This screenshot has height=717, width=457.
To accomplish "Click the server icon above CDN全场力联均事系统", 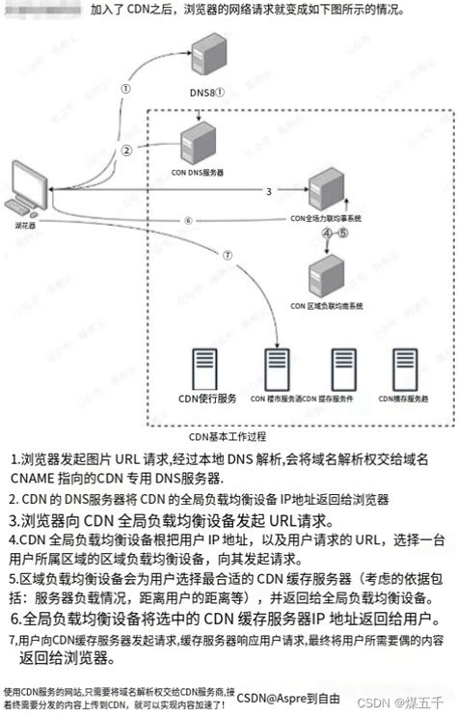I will pyautogui.click(x=329, y=189).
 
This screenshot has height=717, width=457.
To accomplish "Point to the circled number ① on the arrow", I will pyautogui.click(x=125, y=86).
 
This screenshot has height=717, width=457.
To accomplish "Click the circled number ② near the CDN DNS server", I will pyautogui.click(x=127, y=151).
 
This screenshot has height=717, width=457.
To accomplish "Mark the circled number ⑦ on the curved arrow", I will pyautogui.click(x=227, y=257).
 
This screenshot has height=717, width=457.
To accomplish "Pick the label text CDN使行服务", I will pyautogui.click(x=202, y=399).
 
